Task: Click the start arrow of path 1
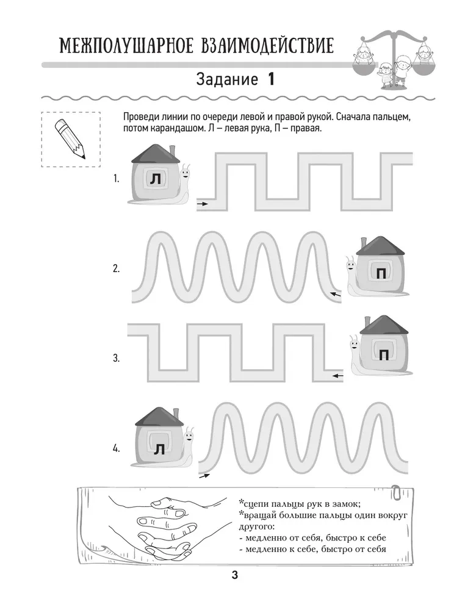point(202,204)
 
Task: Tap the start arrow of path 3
point(337,376)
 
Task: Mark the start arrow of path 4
point(203,475)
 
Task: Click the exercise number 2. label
point(116,268)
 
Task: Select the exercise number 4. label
point(116,448)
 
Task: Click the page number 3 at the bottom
point(233,575)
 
